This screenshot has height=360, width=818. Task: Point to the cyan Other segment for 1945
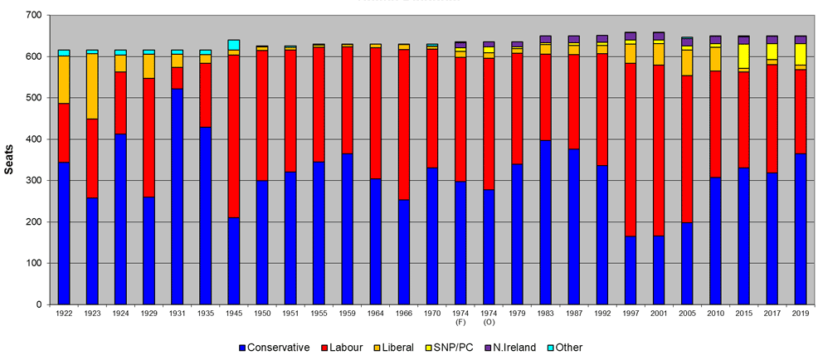click(x=233, y=45)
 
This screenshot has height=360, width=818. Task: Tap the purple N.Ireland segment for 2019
click(x=800, y=40)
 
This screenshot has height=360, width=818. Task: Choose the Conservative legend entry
click(x=275, y=348)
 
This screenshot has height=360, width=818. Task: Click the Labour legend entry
click(x=343, y=348)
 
